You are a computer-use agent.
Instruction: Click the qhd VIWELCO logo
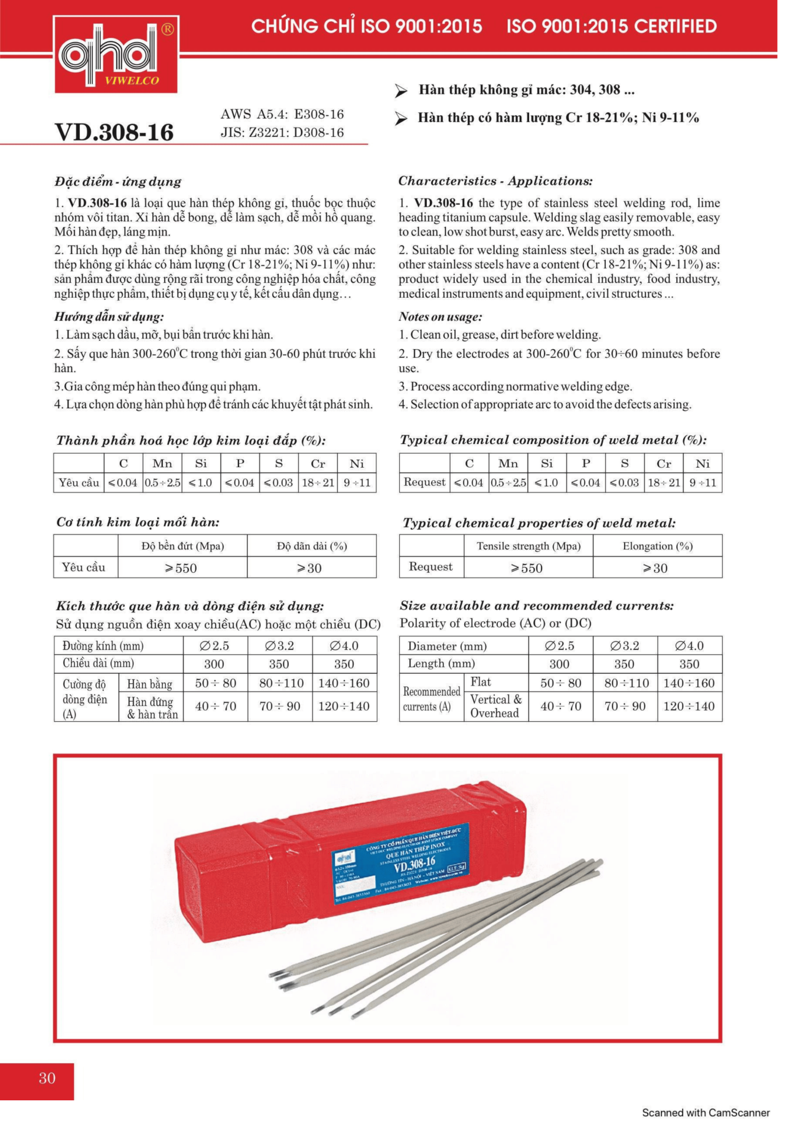coord(116,55)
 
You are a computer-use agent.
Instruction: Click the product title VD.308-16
coord(114,132)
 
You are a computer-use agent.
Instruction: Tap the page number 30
coord(47,1078)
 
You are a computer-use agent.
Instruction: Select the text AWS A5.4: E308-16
coord(282,114)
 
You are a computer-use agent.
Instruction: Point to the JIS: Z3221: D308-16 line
coord(282,132)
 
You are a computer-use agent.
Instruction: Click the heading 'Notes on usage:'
coord(440,317)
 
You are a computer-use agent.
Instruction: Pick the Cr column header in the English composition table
coord(663,464)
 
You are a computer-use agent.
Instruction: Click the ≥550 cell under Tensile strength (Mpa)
coord(527,568)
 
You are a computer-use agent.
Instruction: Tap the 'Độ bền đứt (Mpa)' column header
coord(182,546)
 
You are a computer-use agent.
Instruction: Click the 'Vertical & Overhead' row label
coord(495,706)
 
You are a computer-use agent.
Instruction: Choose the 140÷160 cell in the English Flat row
coord(689,683)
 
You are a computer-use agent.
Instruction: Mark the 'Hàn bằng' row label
coord(149,684)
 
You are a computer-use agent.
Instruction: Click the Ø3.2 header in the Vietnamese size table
coord(279,646)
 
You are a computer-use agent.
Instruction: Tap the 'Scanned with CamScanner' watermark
coord(706,1113)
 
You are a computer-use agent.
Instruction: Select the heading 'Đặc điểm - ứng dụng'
coord(118,181)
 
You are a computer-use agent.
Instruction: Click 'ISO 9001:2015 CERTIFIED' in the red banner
coord(611,26)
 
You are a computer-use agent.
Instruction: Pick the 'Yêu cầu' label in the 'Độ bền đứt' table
coord(83,567)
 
